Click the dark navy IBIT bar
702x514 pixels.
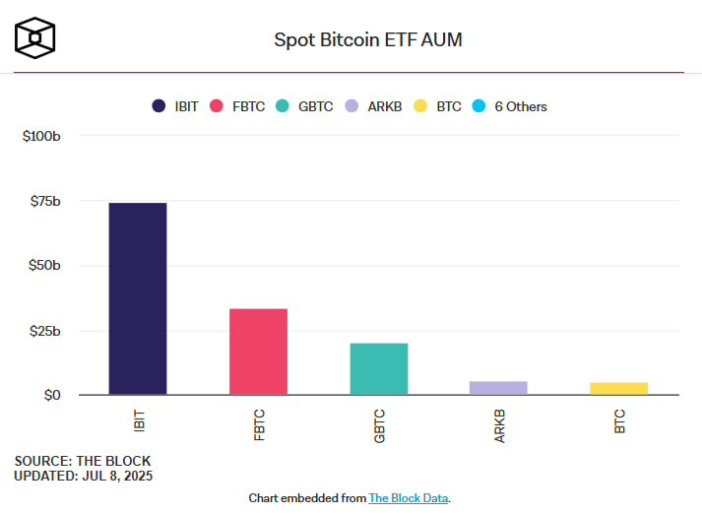tap(138, 298)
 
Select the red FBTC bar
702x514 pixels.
tap(258, 352)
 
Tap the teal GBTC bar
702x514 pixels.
tap(378, 368)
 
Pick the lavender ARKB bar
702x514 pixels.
tap(498, 388)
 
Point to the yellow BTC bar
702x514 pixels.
tap(618, 388)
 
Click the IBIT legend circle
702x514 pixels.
tap(159, 106)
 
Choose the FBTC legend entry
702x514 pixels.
tap(236, 106)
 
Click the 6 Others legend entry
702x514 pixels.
tap(510, 106)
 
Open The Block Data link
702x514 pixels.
tap(408, 498)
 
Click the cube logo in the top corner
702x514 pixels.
tap(34, 37)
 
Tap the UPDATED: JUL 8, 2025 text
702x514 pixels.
tap(84, 476)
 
